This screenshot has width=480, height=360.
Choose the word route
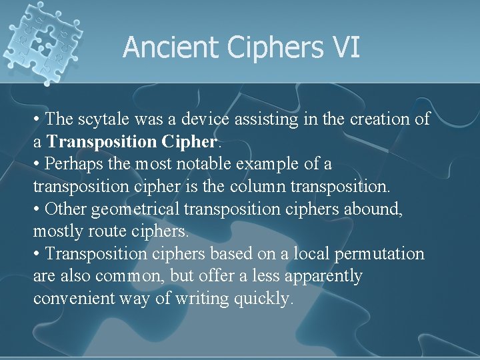click(110, 232)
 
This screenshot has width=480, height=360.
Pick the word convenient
click(75, 299)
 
